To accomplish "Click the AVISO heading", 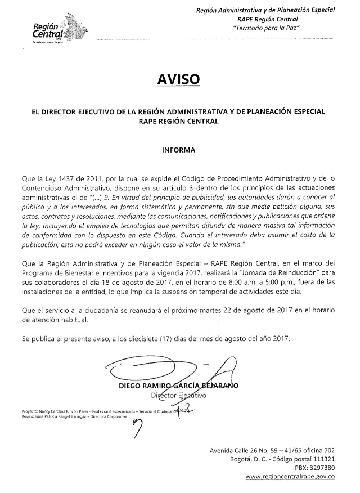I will (178, 80).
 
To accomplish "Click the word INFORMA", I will (178, 150).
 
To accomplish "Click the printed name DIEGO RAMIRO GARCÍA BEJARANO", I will (178, 386).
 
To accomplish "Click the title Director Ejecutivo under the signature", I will (178, 396).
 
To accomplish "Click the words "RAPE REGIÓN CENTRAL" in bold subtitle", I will (178, 120).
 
